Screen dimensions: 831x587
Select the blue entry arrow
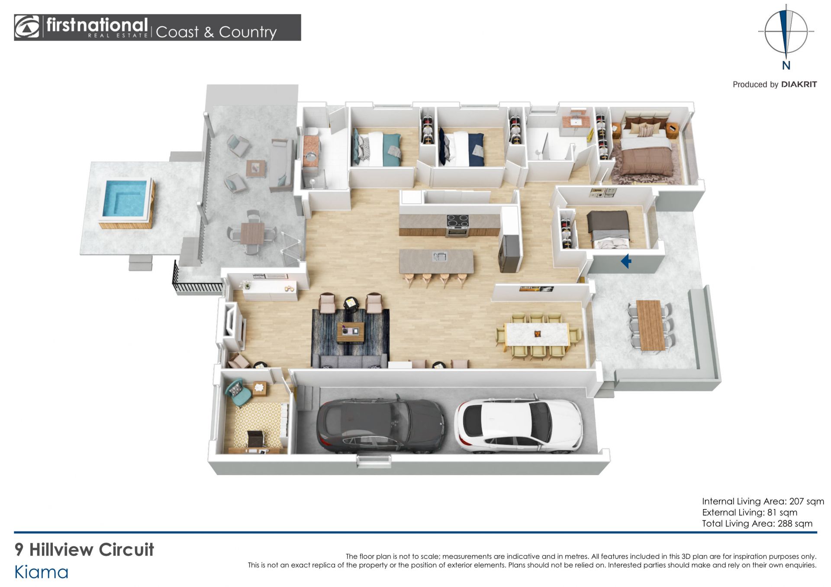626,261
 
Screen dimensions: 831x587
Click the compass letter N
786,65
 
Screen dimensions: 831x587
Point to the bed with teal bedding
376,148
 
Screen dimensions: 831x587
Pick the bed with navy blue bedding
461,148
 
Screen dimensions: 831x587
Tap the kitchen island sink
439,257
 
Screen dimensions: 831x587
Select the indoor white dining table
537,334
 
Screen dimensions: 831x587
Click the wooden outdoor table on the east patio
651,325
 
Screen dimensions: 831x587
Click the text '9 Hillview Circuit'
84,549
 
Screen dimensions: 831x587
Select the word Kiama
42,572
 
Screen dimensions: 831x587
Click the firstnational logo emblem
27,27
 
